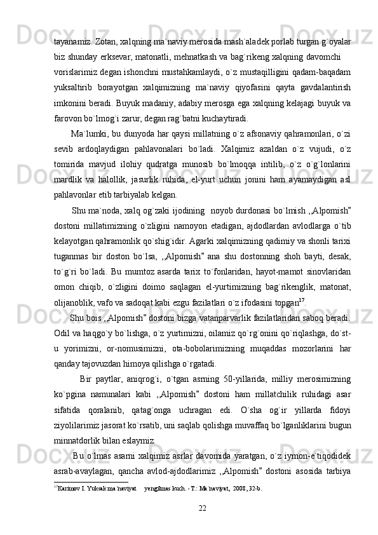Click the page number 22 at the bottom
click(203, 506)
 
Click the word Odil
click(62, 330)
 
